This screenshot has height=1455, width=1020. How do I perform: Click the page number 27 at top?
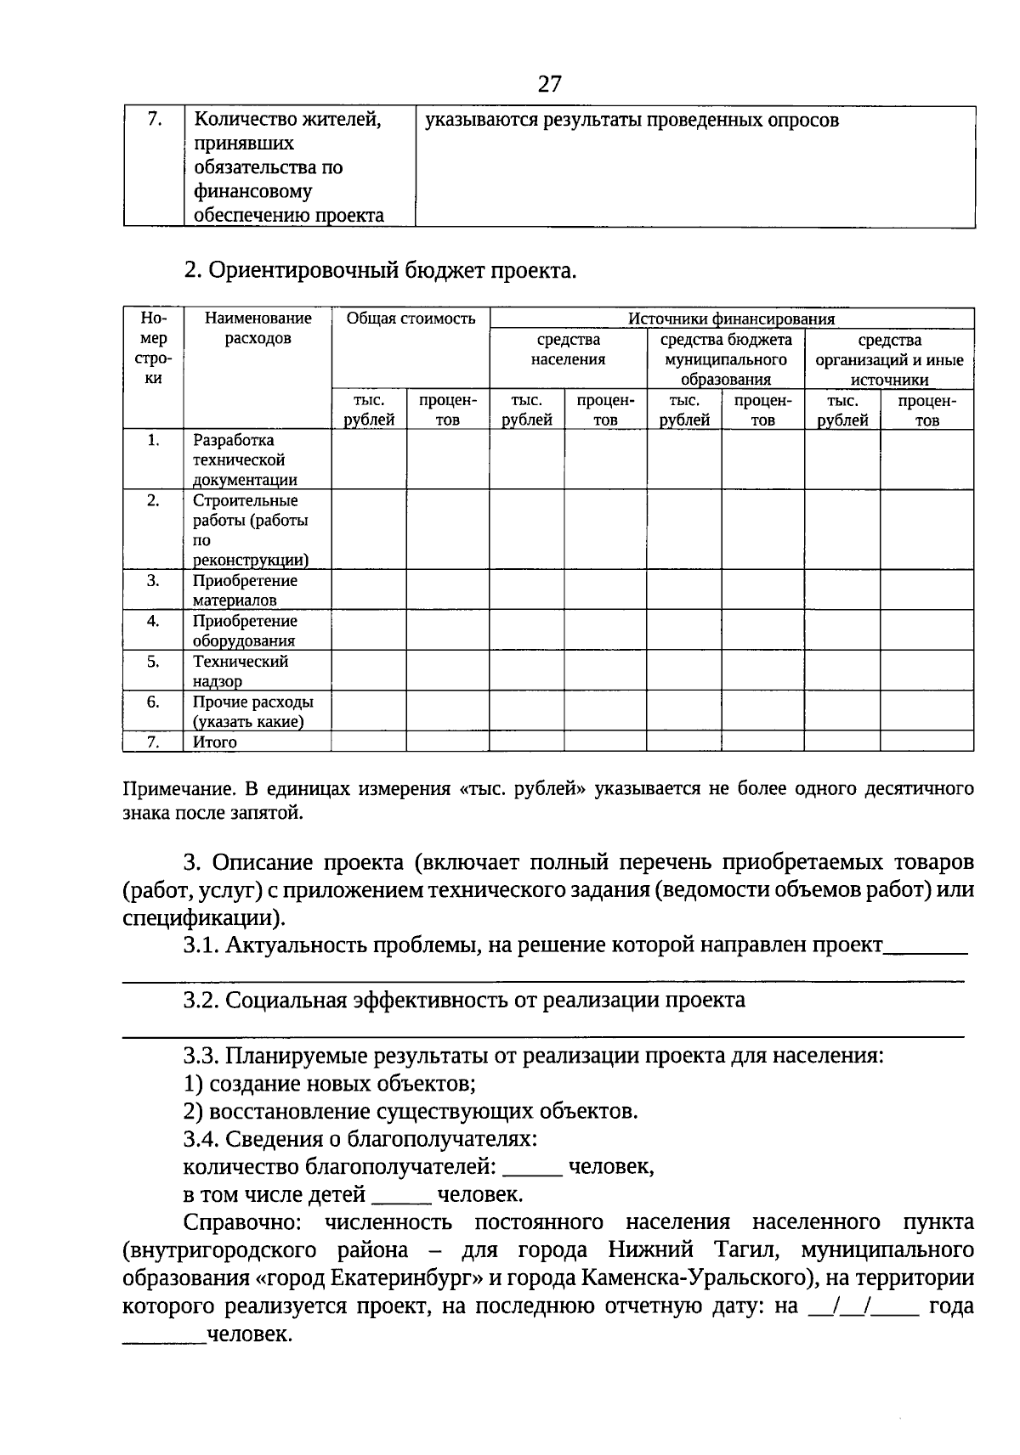[x=549, y=83]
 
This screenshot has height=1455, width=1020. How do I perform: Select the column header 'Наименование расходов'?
[x=258, y=328]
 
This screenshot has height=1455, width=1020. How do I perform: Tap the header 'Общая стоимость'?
[x=410, y=319]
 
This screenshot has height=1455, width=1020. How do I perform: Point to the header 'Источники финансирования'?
[x=731, y=319]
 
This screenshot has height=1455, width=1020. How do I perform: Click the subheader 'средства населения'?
[x=568, y=349]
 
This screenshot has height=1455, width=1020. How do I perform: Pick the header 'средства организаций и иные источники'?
[x=888, y=359]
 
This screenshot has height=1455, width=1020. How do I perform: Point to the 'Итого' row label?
[x=214, y=742]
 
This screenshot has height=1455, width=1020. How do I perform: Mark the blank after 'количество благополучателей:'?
[x=532, y=1169]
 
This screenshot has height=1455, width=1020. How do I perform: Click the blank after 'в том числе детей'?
[x=401, y=1196]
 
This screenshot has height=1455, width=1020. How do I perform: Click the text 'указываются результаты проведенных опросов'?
[x=632, y=120]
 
